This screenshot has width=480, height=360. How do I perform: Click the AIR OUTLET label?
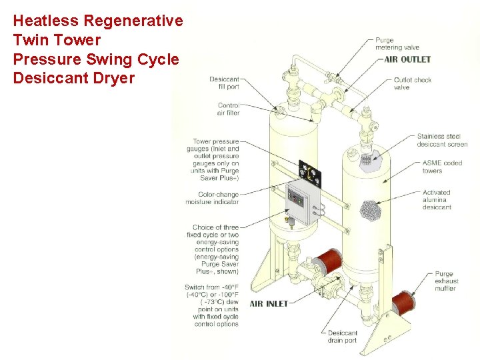coord(407,59)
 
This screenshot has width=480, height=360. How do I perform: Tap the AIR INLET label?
coord(269,303)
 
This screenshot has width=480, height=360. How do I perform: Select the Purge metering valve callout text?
coord(397,43)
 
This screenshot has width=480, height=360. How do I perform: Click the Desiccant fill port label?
coord(224,83)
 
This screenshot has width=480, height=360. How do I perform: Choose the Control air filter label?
coord(228,109)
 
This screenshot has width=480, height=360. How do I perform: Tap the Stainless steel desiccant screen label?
coord(442,140)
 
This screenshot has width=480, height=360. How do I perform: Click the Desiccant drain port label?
coord(342,337)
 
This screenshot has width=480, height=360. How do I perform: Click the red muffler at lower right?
coord(405,303)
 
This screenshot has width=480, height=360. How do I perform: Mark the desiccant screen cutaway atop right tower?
coord(365,160)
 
